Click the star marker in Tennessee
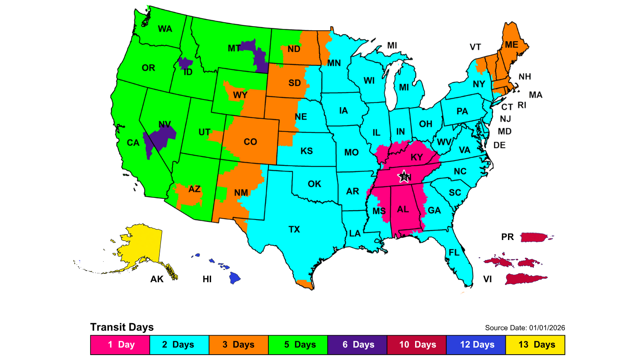pyautogui.click(x=404, y=176)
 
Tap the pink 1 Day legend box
pyautogui.click(x=120, y=344)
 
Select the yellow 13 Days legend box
pyautogui.click(x=535, y=344)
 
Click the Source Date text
pyautogui.click(x=525, y=328)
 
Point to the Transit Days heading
pyautogui.click(x=122, y=328)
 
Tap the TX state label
pyautogui.click(x=294, y=229)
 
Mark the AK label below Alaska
pyautogui.click(x=157, y=280)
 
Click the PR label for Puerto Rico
pyautogui.click(x=508, y=237)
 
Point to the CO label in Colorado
pyautogui.click(x=250, y=142)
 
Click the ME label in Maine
pyautogui.click(x=512, y=44)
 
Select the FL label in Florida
pyautogui.click(x=454, y=252)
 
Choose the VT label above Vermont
pyautogui.click(x=476, y=47)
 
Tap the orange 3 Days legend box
pyautogui.click(x=238, y=344)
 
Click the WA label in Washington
pyautogui.click(x=165, y=29)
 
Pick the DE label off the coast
pyautogui.click(x=500, y=145)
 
